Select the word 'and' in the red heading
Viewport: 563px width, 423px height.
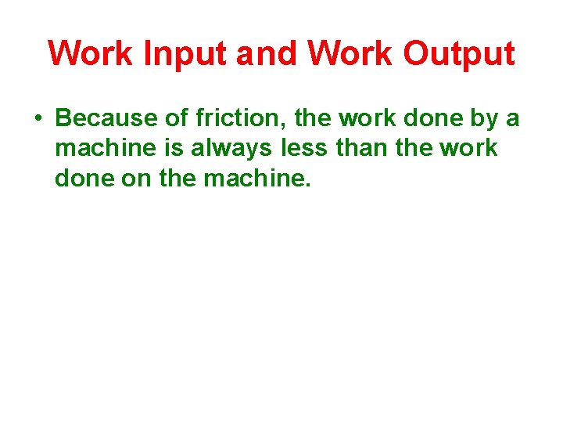click(x=267, y=53)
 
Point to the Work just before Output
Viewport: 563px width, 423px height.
click(x=351, y=53)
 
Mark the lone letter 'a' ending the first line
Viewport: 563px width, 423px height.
click(x=512, y=119)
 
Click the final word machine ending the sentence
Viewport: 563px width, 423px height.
click(x=256, y=179)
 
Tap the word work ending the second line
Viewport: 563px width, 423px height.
click(x=469, y=149)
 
